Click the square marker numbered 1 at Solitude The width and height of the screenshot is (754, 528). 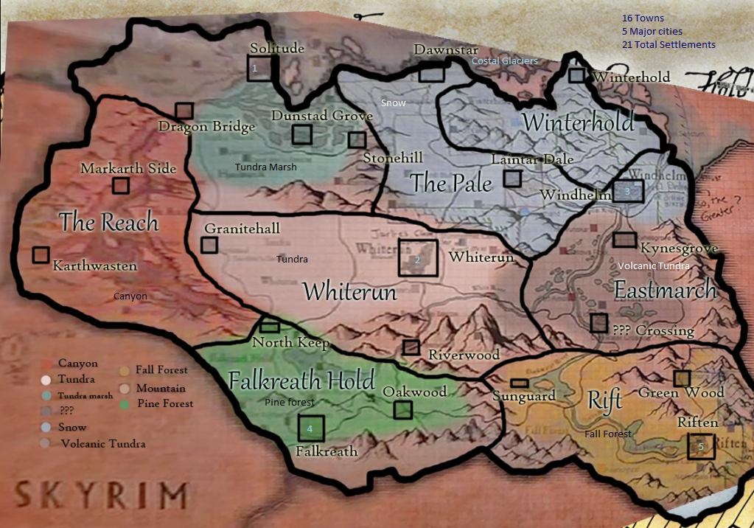coord(259,68)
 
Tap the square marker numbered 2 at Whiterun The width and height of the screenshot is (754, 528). coord(418,258)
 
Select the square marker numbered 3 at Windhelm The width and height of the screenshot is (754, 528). coord(628,191)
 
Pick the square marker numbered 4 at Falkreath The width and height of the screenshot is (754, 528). coord(310,428)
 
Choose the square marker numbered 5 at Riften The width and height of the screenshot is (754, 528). coord(701,446)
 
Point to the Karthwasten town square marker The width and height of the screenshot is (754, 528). coord(41,254)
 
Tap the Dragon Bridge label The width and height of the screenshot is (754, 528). coord(206,127)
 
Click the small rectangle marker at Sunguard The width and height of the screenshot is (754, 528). coord(520,383)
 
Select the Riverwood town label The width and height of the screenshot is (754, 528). coord(464,355)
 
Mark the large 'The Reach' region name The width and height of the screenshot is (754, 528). coord(109,221)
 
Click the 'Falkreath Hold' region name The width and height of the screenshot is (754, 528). coord(302,381)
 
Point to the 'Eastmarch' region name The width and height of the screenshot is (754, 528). coord(665,290)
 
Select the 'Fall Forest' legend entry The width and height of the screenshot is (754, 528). coord(161,369)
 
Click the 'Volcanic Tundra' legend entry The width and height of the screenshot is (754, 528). coord(102,444)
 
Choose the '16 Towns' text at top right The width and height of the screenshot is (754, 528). coord(643,18)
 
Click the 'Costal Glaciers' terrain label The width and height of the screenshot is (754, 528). coord(505,60)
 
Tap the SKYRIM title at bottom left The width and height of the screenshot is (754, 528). coord(101,493)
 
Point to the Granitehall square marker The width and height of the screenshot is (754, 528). coord(210,244)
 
